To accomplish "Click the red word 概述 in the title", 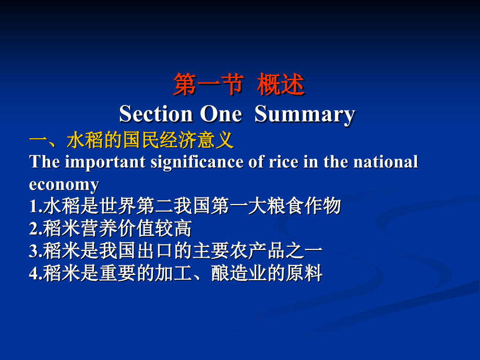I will click(281, 85).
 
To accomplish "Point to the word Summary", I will click(305, 114).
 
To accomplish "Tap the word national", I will click(386, 162).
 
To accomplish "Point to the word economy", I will click(64, 185).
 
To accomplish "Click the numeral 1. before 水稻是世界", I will click(35, 207).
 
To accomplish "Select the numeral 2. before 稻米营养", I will click(35, 229).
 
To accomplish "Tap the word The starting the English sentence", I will click(44, 162).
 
